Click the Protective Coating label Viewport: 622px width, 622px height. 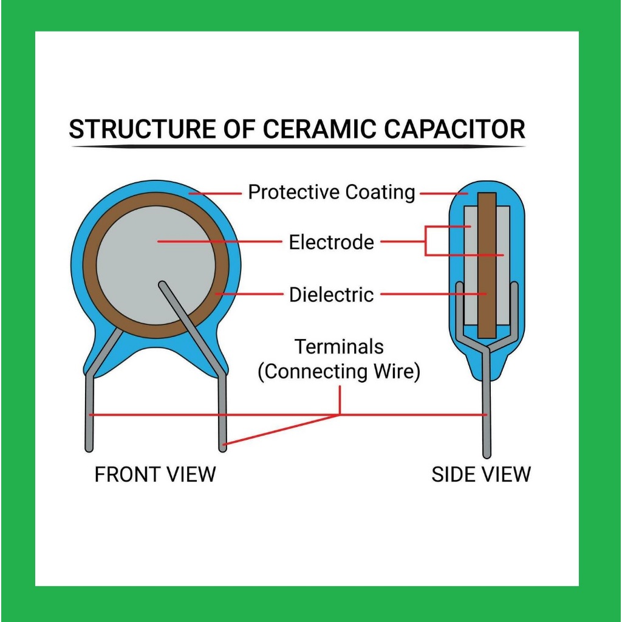coord(332,193)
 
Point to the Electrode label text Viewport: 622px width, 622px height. coord(331,242)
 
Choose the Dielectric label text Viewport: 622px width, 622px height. coord(331,295)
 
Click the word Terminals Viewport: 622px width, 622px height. coord(339,347)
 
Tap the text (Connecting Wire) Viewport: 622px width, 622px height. coord(339,372)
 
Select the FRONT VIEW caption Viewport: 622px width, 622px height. coord(155,474)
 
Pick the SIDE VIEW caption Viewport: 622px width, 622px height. coord(481,474)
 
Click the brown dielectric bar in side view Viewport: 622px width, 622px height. coord(487,267)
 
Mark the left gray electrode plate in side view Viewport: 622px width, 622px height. coord(471,267)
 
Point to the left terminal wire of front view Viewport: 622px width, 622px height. coord(89,419)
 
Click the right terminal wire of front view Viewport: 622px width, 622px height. coord(222,419)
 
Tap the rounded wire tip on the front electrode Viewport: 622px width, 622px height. coord(162,284)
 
